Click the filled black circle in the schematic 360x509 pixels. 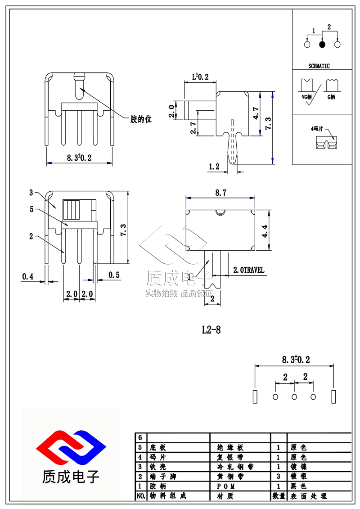click(322, 45)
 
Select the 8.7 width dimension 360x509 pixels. click(220, 193)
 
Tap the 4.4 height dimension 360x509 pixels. click(265, 230)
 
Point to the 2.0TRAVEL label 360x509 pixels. click(248, 270)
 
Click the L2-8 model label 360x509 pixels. click(211, 330)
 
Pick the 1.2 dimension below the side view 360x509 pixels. click(214, 167)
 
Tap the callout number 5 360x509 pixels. click(31, 209)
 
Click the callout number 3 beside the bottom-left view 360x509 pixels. click(31, 193)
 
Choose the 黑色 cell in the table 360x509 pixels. click(297, 486)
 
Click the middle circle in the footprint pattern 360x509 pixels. click(294, 396)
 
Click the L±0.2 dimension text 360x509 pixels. click(200, 77)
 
